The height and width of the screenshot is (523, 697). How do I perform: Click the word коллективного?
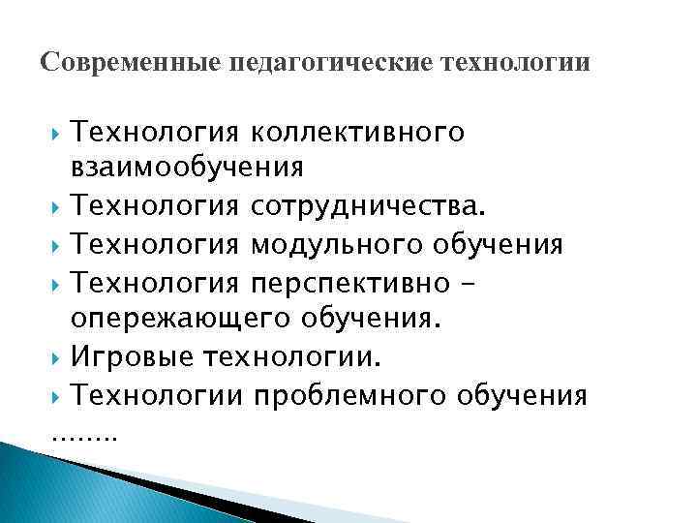(357, 131)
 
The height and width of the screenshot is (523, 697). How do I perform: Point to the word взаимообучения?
(187, 168)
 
